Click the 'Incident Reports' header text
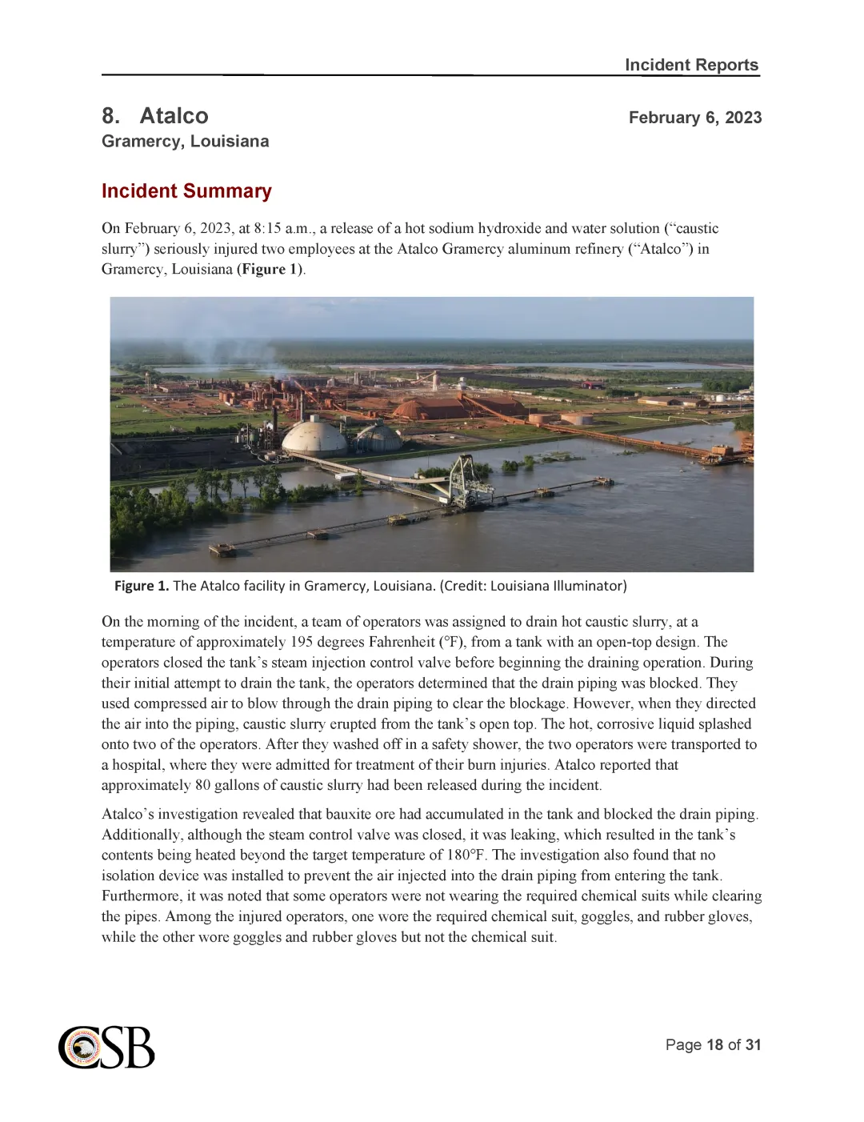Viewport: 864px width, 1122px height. click(x=691, y=65)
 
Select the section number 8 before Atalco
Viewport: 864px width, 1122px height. click(x=110, y=116)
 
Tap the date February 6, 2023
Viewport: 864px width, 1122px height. click(x=694, y=118)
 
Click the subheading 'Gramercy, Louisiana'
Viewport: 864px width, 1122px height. click(x=185, y=141)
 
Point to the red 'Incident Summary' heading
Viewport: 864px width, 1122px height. click(x=186, y=191)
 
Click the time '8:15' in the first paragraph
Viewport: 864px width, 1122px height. click(x=267, y=228)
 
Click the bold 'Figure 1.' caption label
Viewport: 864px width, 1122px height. click(x=142, y=586)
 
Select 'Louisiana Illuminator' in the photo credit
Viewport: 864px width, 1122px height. click(x=557, y=586)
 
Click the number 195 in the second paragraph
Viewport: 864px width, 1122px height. click(x=302, y=642)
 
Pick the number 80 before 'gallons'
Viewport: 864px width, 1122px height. click(x=203, y=785)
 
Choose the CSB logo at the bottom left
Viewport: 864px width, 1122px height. click(x=106, y=1048)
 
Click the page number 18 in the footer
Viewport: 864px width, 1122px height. click(x=714, y=1044)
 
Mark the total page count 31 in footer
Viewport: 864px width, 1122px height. click(x=753, y=1044)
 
